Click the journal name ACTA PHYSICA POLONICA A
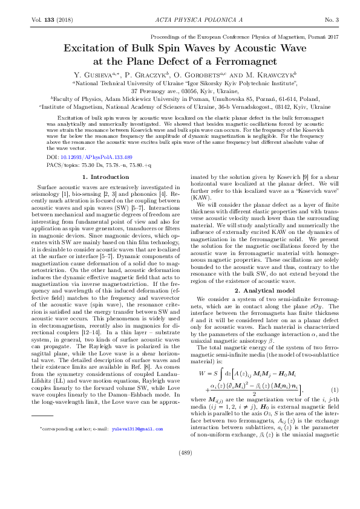180,20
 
